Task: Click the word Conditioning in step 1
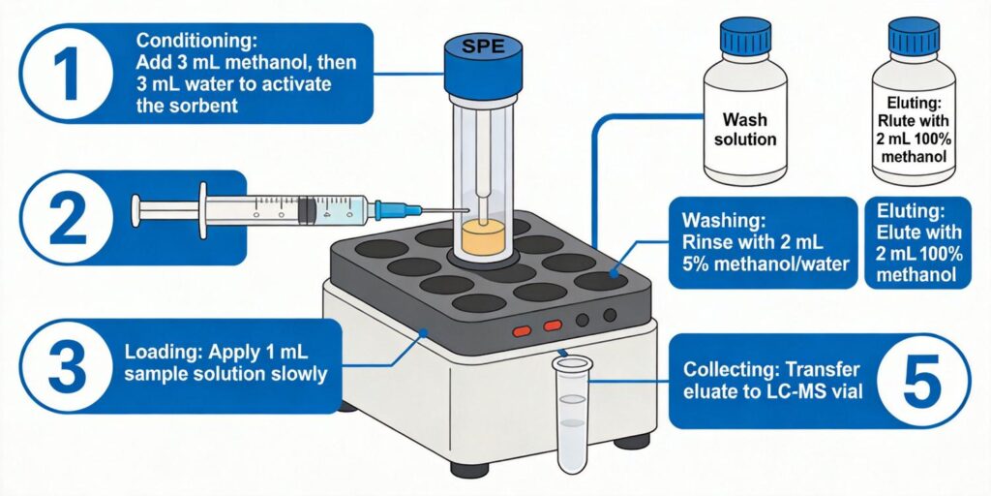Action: [184, 42]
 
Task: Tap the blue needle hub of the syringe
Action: [389, 208]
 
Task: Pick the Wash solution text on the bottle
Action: [744, 130]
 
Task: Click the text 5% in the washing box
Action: [699, 263]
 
